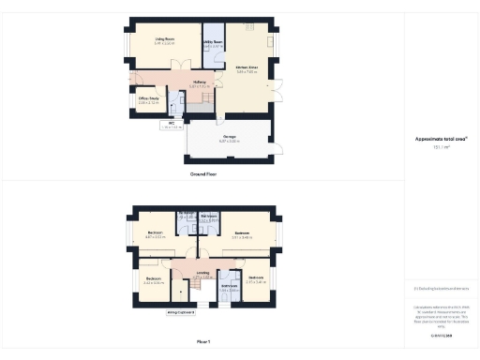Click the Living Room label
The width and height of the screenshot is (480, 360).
pyautogui.click(x=164, y=40)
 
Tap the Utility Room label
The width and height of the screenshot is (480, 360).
pyautogui.click(x=214, y=43)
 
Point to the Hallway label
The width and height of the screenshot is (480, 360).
pyautogui.click(x=200, y=83)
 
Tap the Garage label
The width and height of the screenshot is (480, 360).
pyautogui.click(x=229, y=140)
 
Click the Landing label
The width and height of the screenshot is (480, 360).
pyautogui.click(x=202, y=275)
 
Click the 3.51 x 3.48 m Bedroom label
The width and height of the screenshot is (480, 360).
pyautogui.click(x=242, y=234)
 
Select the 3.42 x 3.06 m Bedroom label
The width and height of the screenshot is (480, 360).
pyautogui.click(x=153, y=279)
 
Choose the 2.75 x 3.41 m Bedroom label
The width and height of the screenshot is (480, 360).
pyautogui.click(x=256, y=278)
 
